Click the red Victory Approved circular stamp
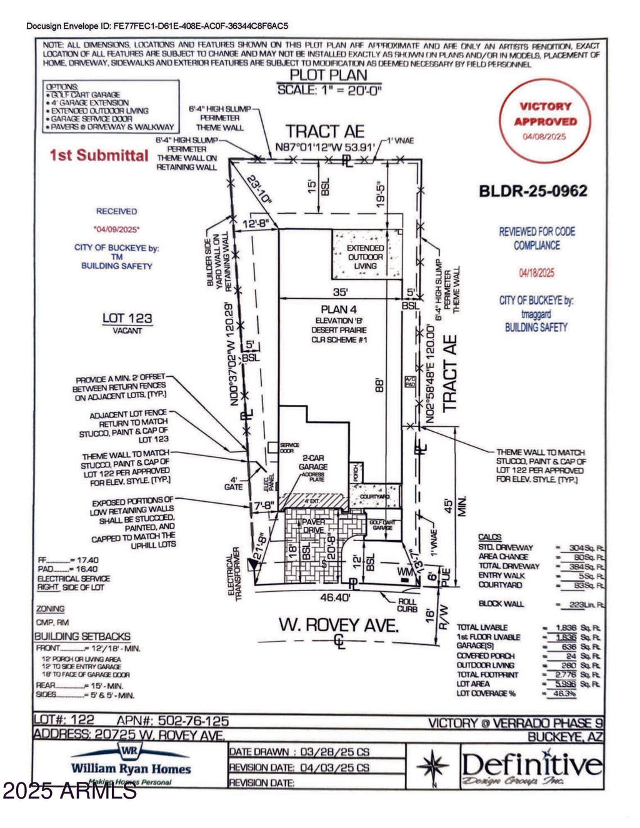click(x=545, y=121)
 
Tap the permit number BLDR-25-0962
click(x=532, y=191)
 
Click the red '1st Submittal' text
click(x=99, y=155)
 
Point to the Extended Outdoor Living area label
click(x=366, y=257)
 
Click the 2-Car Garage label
click(x=313, y=462)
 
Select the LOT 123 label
click(x=127, y=319)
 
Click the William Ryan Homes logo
click(x=131, y=764)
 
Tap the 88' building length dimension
click(x=377, y=385)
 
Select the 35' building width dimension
click(x=340, y=291)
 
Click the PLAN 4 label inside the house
click(x=339, y=309)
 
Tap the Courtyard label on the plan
click(x=375, y=497)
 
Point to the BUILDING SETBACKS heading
click(x=82, y=636)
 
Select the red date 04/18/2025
click(x=536, y=273)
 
